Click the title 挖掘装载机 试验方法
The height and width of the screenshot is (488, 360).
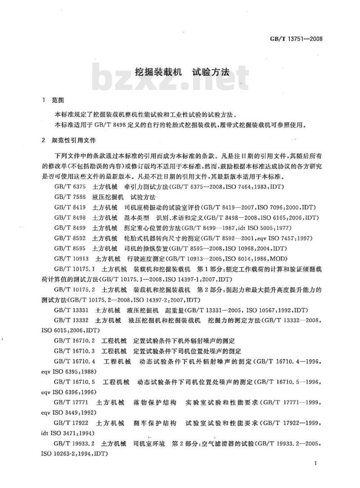pos(183,72)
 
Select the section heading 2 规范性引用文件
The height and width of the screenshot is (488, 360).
pos(69,141)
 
